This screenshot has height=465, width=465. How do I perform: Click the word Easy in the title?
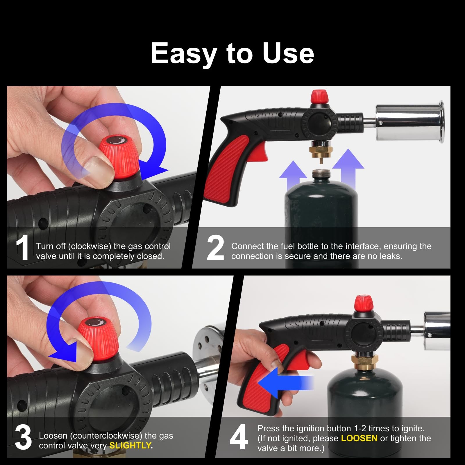click(184, 54)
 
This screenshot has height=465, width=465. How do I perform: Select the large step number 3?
click(23, 437)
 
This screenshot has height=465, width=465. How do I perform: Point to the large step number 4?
click(239, 437)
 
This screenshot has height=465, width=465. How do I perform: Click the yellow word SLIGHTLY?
click(130, 446)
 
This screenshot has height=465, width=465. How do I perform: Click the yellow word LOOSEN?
click(359, 438)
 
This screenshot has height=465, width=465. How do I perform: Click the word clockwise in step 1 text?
click(90, 246)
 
